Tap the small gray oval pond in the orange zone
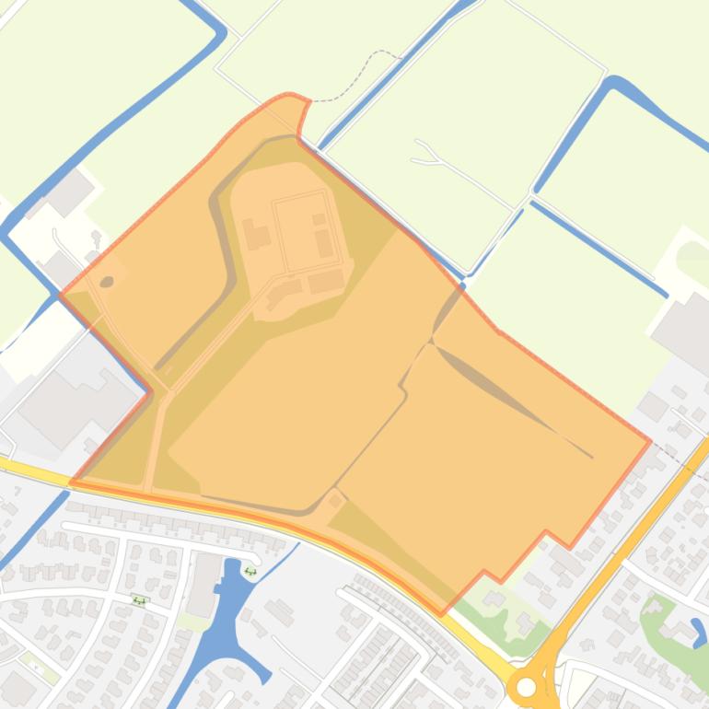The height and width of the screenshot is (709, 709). point(107,281)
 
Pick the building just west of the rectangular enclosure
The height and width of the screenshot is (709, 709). point(256,235)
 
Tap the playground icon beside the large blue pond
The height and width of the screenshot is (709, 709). point(250,571)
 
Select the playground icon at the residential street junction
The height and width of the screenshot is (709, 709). point(139,600)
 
